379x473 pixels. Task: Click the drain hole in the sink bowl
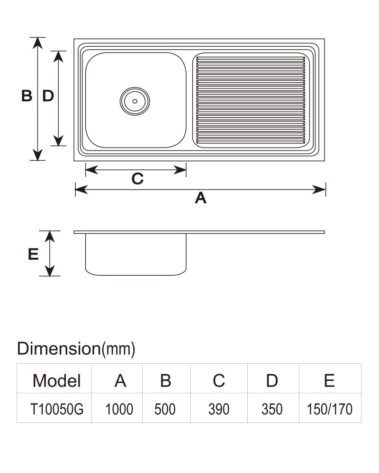[x=135, y=101]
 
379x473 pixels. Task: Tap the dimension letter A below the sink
[x=201, y=198]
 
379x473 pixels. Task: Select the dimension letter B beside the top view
[x=27, y=96]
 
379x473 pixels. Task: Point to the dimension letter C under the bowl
[x=137, y=179]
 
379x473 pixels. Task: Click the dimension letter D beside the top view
[x=48, y=96]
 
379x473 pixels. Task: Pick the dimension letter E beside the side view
[x=33, y=254]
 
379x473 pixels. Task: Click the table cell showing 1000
[x=119, y=409]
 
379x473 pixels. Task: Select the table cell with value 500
[x=165, y=409]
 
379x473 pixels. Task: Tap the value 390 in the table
[x=219, y=409]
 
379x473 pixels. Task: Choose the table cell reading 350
[x=272, y=409]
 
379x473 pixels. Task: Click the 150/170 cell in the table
[x=330, y=409]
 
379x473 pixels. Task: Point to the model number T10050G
[x=57, y=409]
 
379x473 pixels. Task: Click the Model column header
[x=57, y=381]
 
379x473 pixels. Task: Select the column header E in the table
[x=329, y=381]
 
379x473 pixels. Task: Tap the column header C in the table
[x=219, y=381]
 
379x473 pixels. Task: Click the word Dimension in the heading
[x=59, y=349]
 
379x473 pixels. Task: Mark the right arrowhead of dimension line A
[x=319, y=190]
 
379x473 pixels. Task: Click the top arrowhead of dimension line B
[x=37, y=43]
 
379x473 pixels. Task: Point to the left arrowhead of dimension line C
[x=92, y=170]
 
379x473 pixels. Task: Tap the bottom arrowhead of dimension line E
[x=50, y=270]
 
